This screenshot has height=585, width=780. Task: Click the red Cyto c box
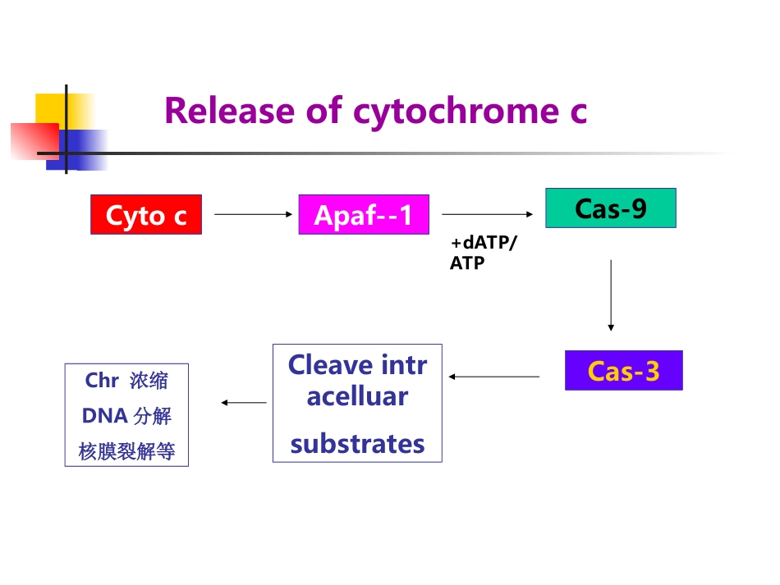coord(146,215)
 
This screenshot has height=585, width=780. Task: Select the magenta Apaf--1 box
coord(364,215)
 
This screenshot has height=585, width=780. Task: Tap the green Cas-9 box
coord(611,208)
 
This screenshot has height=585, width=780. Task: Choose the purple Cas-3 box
coord(623,371)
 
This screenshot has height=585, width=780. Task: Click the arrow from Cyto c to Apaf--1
coord(253,214)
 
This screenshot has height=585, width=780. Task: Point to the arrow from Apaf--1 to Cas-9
coord(488,214)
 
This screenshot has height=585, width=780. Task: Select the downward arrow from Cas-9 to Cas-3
coord(611,295)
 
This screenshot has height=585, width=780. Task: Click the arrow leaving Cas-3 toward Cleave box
coord(494,377)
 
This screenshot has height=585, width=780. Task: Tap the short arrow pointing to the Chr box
coord(244,403)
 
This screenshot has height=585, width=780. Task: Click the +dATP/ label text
coord(484,244)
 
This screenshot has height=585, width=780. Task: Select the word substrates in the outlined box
coord(358,444)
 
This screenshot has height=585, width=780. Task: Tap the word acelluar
coord(357,396)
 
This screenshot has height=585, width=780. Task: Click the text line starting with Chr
coord(126,381)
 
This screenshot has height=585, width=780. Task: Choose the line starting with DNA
coord(126,416)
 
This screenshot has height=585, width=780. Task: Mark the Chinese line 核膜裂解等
coord(126,451)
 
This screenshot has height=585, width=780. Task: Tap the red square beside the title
coord(34,140)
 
